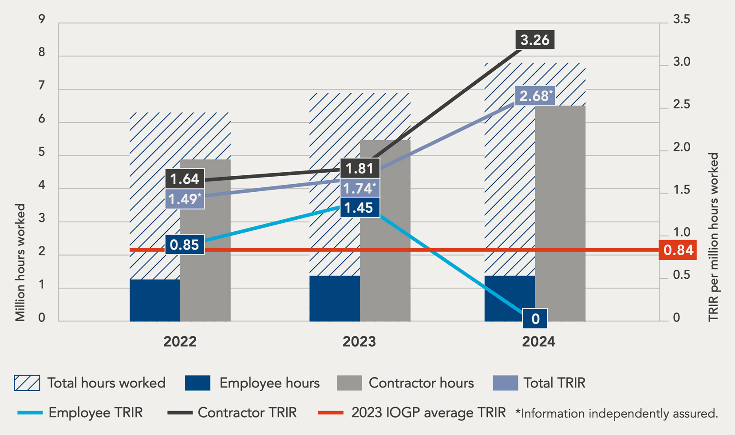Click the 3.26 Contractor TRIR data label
point(535,40)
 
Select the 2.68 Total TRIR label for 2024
point(535,96)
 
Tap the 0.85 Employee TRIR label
point(184,245)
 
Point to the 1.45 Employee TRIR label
point(359,208)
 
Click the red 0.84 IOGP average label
point(678,250)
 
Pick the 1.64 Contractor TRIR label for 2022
point(184,179)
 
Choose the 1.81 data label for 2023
point(360,169)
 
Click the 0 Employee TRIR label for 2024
point(535,319)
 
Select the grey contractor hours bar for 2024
point(560,213)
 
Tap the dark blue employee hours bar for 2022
point(155,300)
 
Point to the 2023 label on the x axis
point(359,341)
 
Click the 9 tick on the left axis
point(42,20)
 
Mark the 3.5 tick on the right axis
point(681,20)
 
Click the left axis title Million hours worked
point(20,262)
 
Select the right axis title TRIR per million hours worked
point(713,237)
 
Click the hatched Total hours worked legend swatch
point(27,383)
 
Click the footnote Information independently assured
point(617,414)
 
